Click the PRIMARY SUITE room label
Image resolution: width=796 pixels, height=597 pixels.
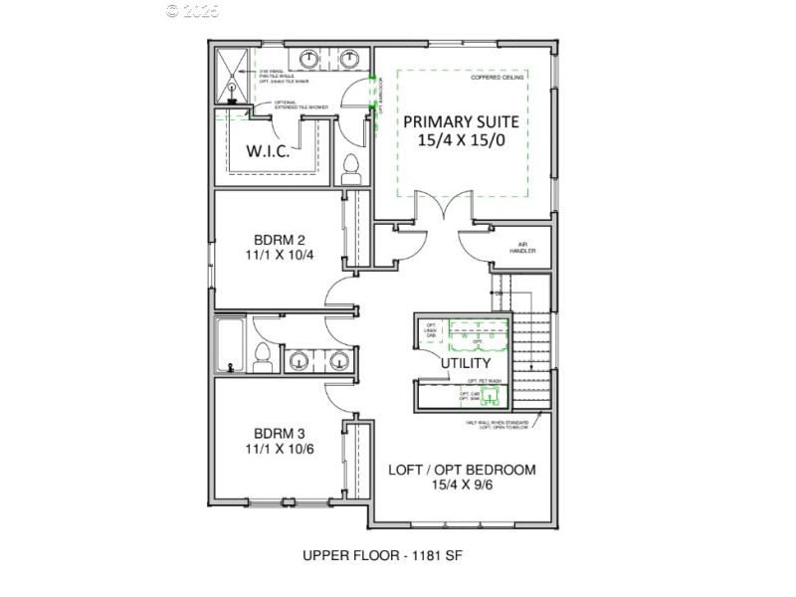462,121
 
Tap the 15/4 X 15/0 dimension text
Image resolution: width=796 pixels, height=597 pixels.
462,143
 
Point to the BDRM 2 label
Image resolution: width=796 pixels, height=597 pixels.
279,240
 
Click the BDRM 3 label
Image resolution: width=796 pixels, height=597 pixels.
279,434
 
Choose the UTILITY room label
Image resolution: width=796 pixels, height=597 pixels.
467,364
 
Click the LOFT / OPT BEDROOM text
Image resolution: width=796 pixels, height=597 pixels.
462,470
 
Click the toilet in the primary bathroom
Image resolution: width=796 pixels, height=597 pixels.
351,170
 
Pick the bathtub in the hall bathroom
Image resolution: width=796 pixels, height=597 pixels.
231,346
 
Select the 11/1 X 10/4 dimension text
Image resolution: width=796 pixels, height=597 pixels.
279,256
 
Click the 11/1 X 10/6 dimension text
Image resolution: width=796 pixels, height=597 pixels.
279,450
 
